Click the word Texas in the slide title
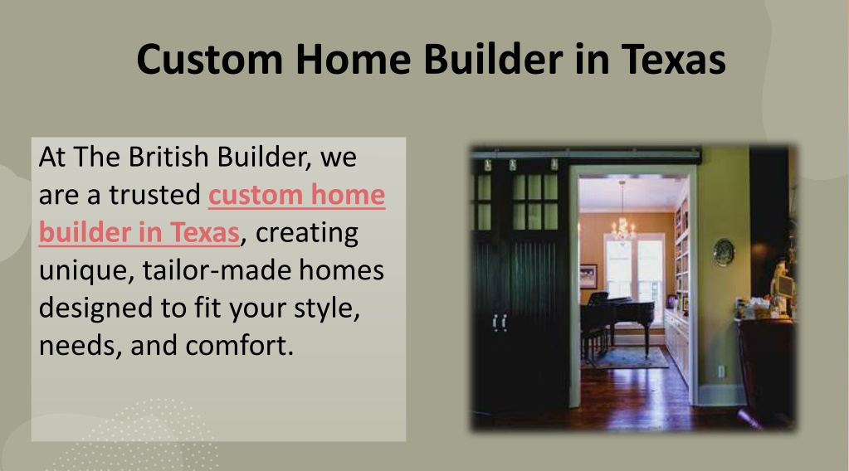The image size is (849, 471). tap(673, 59)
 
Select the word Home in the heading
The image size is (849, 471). tap(353, 59)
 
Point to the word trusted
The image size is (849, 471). tap(155, 195)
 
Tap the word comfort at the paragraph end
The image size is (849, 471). tap(239, 346)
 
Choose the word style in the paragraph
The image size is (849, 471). tap(327, 308)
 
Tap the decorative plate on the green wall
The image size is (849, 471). tap(724, 253)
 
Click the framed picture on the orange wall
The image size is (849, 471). tap(588, 276)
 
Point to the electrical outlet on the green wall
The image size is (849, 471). tap(720, 371)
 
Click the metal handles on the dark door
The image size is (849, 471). tap(500, 323)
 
